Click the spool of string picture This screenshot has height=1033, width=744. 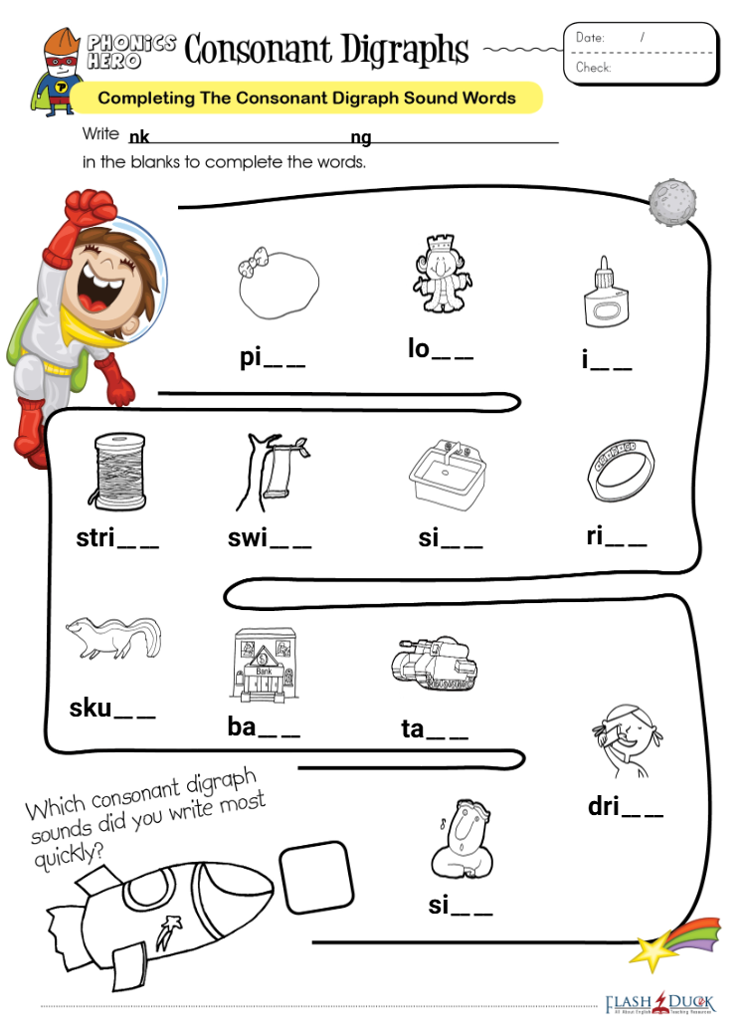tap(119, 473)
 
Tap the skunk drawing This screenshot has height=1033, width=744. tap(114, 637)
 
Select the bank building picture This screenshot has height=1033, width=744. tap(264, 664)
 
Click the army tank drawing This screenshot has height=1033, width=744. tap(435, 663)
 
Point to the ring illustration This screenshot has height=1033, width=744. tap(621, 471)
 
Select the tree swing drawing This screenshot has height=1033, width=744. tap(272, 471)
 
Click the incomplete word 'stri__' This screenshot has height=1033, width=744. tap(117, 538)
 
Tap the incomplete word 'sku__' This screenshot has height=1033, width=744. tap(112, 709)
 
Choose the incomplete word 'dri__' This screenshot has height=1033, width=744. tap(625, 806)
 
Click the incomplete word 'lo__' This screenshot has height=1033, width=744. tap(440, 348)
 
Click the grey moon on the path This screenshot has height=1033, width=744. tap(671, 202)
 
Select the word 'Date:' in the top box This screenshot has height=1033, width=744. tap(590, 38)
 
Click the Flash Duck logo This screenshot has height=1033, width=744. tap(659, 1003)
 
